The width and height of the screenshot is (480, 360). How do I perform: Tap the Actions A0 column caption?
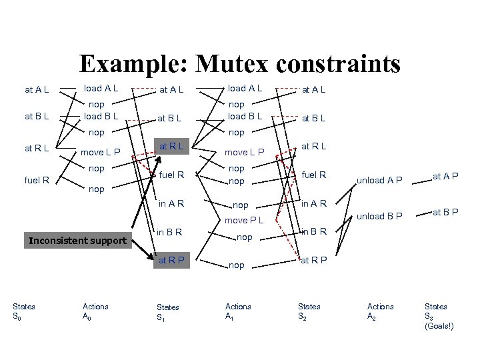pos(95,311)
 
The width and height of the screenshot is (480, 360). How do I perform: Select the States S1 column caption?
pos(167,311)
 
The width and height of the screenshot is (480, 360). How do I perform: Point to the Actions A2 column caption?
pos(381,311)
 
